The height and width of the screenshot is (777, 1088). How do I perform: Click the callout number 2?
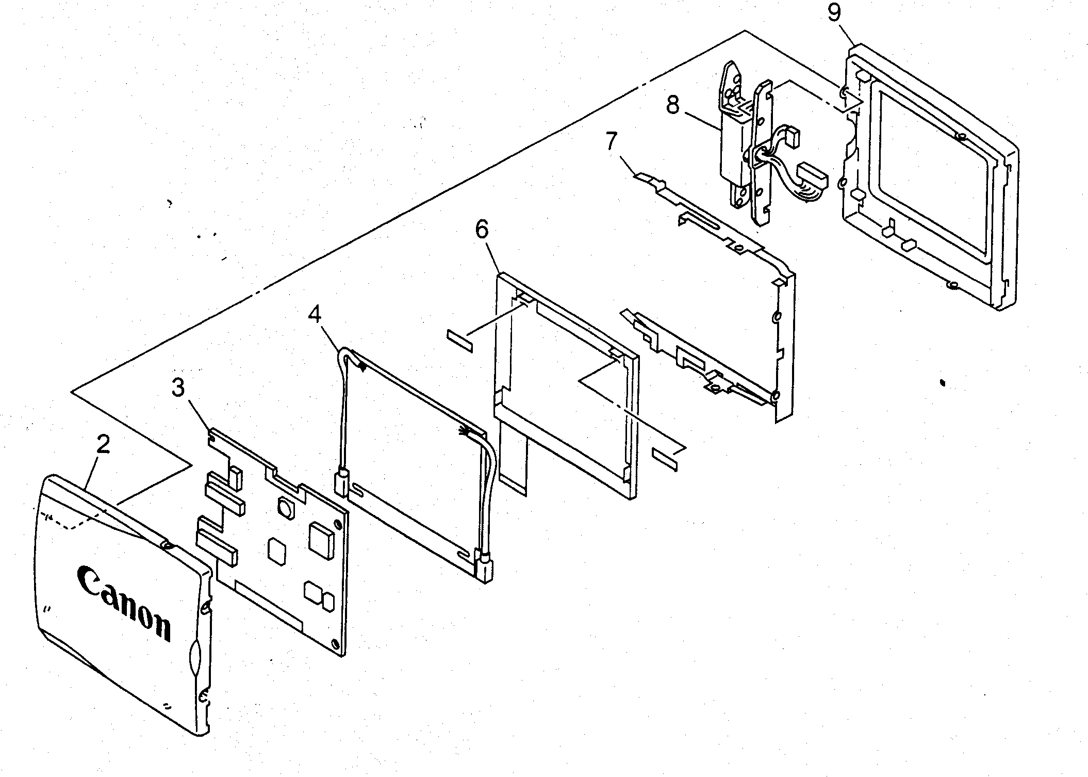tap(103, 444)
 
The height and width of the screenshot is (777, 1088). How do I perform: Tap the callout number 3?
tap(178, 387)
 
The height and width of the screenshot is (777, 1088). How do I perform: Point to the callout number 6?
tap(481, 230)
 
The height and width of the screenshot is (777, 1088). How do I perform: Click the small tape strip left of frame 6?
tap(460, 341)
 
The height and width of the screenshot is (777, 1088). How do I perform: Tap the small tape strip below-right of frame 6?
tap(665, 459)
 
